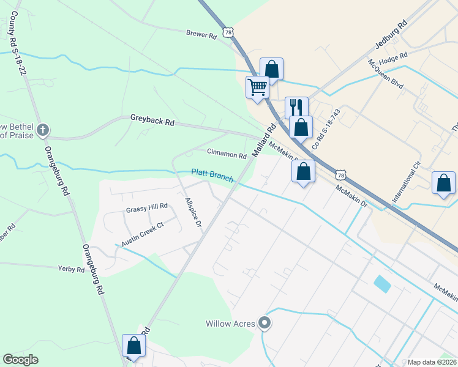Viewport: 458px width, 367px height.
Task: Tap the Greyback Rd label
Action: pos(152,120)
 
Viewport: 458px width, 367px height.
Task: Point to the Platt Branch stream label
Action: pos(212,175)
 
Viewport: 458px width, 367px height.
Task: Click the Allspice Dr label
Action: pos(193,212)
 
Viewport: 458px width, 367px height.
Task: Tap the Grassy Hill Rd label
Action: pos(146,208)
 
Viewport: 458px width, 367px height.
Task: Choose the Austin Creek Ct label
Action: pos(143,234)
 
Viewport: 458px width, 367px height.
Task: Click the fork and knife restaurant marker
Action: pos(296,106)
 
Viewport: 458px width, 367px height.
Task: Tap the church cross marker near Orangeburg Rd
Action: pos(42,130)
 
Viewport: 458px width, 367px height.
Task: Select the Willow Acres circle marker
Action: pos(265,322)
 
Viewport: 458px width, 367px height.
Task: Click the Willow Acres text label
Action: pos(230,324)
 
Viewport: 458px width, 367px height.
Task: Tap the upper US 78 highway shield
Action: pos(228,32)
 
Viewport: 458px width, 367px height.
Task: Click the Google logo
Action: pos(21,360)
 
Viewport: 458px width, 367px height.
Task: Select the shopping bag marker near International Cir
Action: pos(443,183)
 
